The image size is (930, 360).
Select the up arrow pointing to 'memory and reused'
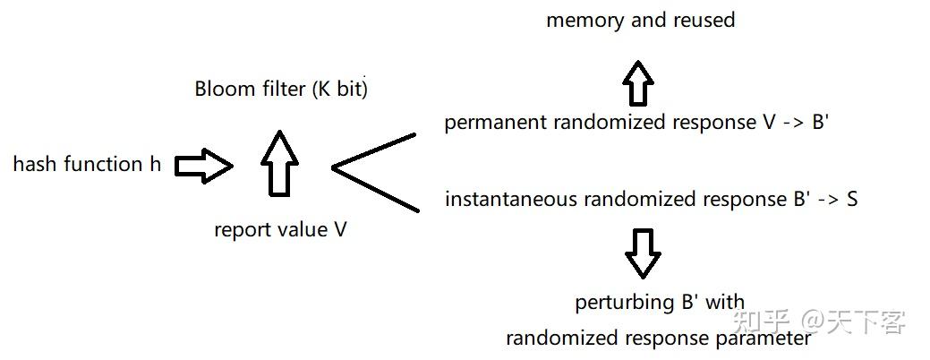click(x=639, y=83)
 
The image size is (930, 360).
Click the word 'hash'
click(x=32, y=165)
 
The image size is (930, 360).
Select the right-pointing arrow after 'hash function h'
click(x=203, y=166)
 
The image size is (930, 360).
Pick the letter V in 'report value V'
click(x=340, y=230)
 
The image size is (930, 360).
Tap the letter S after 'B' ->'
click(x=851, y=199)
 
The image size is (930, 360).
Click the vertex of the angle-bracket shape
click(x=335, y=167)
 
